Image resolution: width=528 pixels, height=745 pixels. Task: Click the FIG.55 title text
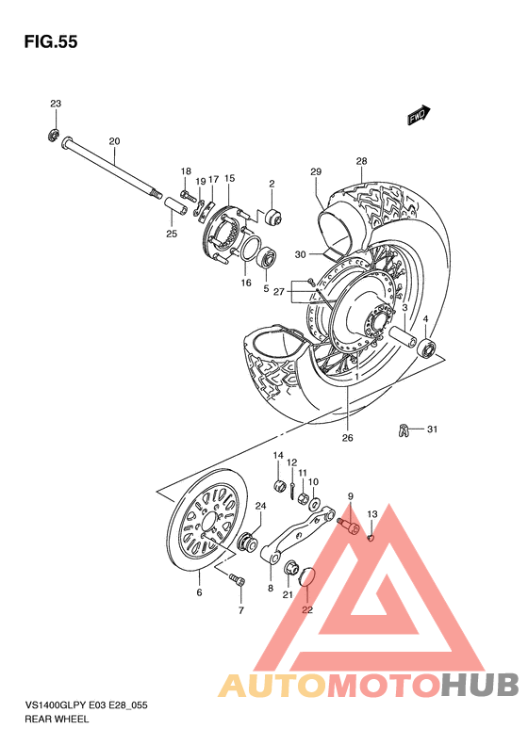coord(48,41)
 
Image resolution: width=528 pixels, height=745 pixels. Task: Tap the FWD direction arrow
coord(418,115)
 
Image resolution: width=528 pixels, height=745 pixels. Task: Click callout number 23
coord(55,104)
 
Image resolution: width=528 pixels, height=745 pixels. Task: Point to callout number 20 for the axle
coord(114,142)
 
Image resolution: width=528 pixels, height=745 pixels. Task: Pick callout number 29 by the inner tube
coord(316,171)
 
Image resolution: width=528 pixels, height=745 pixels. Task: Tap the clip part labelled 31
coord(405,431)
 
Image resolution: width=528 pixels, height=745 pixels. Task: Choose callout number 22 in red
coord(306,609)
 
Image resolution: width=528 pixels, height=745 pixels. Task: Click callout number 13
coord(371,514)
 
